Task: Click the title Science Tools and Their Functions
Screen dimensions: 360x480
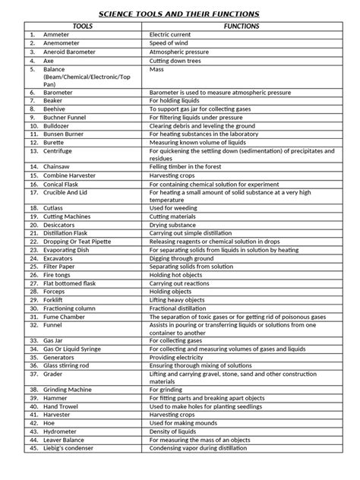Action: coord(180,14)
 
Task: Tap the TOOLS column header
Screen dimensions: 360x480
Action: coord(83,26)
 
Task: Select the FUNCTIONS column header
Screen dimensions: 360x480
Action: coord(241,26)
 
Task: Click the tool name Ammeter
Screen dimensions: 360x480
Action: coord(55,35)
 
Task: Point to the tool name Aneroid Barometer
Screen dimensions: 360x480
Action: coord(71,52)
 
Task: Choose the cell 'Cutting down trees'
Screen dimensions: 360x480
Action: coord(179,60)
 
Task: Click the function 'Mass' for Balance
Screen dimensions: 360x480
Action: coord(157,68)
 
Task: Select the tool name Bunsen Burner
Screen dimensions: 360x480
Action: coord(64,134)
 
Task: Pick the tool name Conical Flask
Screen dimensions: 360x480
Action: coord(64,183)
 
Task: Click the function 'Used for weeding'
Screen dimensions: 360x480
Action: coord(175,207)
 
